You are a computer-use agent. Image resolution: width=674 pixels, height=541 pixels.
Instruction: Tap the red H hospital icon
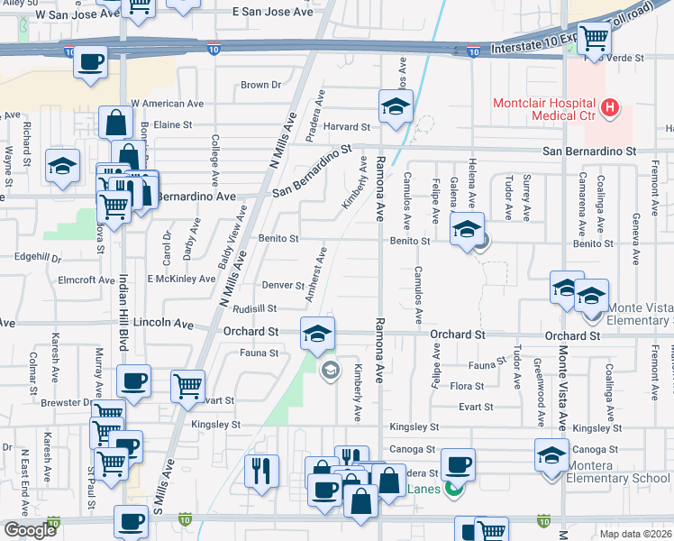[611, 109]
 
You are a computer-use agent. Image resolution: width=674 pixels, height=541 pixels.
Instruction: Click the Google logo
[30, 530]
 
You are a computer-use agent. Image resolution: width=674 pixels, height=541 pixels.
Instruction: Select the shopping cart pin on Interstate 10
[594, 39]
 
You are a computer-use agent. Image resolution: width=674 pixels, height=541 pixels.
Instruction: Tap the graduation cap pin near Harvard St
[396, 106]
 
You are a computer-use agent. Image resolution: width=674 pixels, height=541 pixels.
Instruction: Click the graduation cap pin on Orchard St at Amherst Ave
[316, 334]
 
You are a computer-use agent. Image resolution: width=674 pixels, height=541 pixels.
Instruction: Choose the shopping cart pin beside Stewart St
[187, 386]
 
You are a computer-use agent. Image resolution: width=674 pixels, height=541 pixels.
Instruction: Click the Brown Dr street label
[260, 86]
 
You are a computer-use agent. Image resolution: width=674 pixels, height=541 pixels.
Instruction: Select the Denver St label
[283, 286]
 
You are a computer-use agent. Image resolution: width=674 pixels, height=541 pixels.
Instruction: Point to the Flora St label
[467, 386]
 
